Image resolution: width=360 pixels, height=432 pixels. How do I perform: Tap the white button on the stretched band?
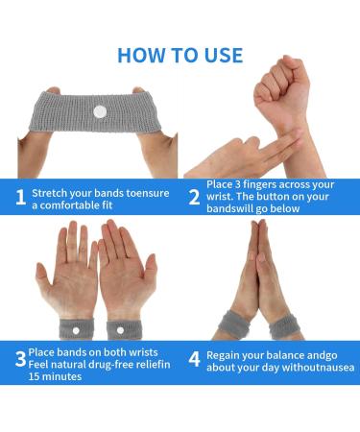click(100, 113)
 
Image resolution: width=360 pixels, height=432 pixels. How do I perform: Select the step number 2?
click(194, 199)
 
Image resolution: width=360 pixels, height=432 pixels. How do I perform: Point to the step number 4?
click(194, 359)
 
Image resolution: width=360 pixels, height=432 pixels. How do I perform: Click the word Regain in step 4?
click(225, 354)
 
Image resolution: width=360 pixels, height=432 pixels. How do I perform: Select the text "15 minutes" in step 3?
click(56, 377)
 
